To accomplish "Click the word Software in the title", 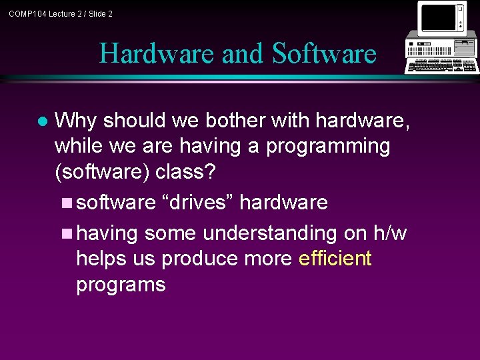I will pyautogui.click(x=325, y=53).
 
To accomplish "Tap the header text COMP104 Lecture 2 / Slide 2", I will pyautogui.click(x=61, y=13).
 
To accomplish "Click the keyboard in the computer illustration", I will pyautogui.click(x=443, y=66).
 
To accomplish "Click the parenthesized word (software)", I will pyautogui.click(x=102, y=172).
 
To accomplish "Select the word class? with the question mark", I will pyautogui.click(x=186, y=171).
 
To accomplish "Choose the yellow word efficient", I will pyautogui.click(x=335, y=258).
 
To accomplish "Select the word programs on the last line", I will pyautogui.click(x=121, y=285).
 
